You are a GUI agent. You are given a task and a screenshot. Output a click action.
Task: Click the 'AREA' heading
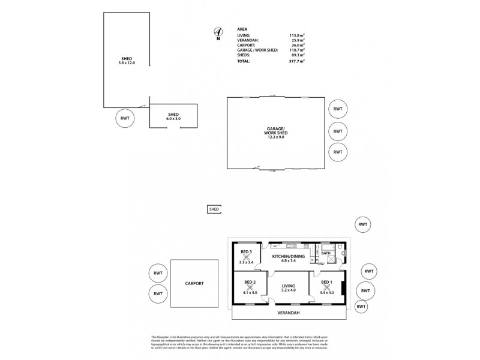pyautogui.click(x=242, y=28)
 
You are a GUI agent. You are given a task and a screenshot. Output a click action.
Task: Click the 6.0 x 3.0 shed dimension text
pyautogui.click(x=173, y=119)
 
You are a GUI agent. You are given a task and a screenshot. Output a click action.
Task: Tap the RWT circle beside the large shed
pyautogui.click(x=125, y=118)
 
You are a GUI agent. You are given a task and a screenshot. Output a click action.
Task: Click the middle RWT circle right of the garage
pyautogui.click(x=338, y=130)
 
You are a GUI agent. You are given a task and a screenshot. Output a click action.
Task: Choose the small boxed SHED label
pyautogui.click(x=214, y=209)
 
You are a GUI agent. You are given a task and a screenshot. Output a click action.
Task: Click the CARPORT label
pyautogui.click(x=195, y=283)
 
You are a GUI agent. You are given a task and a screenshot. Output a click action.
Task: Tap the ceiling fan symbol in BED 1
pyautogui.click(x=326, y=287)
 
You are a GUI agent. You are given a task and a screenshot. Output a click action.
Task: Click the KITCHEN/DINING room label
pyautogui.click(x=289, y=257)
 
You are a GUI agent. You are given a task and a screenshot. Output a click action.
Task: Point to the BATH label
pyautogui.click(x=326, y=254)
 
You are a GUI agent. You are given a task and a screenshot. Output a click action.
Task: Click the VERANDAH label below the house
pyautogui.click(x=289, y=313)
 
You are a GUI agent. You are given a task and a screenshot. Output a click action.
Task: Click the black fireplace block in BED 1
pyautogui.click(x=342, y=288)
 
